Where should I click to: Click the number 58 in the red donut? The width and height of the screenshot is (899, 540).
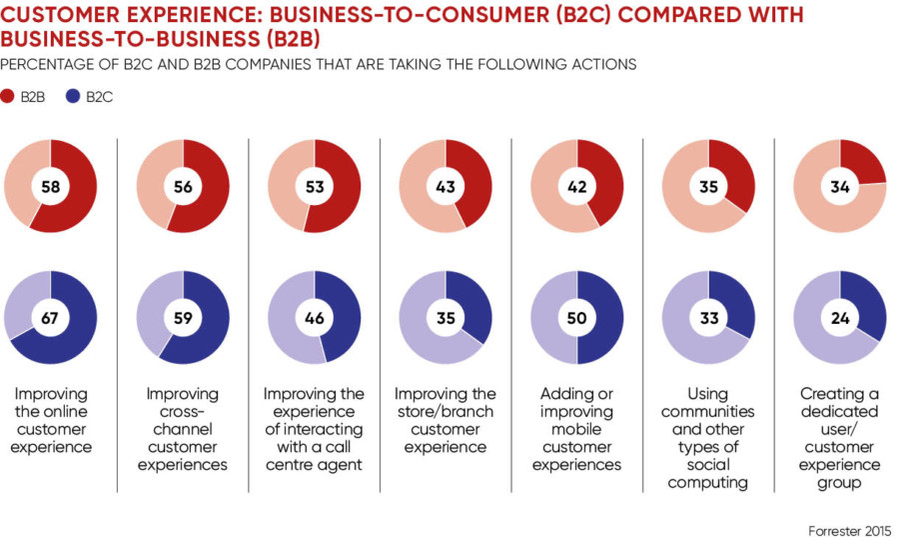coord(51,186)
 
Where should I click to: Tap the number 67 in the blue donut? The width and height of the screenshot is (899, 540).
coord(51,317)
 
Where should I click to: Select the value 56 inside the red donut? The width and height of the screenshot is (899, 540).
coord(183,186)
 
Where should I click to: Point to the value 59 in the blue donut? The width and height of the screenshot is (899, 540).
coord(183,317)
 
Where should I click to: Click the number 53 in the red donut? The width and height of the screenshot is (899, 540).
coord(314,186)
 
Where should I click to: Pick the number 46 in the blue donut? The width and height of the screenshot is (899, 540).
coord(314,317)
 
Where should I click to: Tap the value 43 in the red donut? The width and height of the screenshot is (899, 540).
coord(446,186)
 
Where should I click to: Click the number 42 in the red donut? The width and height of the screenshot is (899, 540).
coord(576,186)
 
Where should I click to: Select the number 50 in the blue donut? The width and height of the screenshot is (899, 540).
coord(576,317)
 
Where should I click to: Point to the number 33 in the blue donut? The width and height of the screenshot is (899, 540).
coord(708,317)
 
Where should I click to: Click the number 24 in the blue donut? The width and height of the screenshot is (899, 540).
coord(839,317)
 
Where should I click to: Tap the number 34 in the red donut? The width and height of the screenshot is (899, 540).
coord(839,186)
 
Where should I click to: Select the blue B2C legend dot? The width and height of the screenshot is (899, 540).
coord(74,97)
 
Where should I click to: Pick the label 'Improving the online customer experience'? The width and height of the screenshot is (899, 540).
coord(51,420)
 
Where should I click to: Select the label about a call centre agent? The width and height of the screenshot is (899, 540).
coord(314,429)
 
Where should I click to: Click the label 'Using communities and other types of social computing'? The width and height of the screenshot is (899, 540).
coord(708,438)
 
